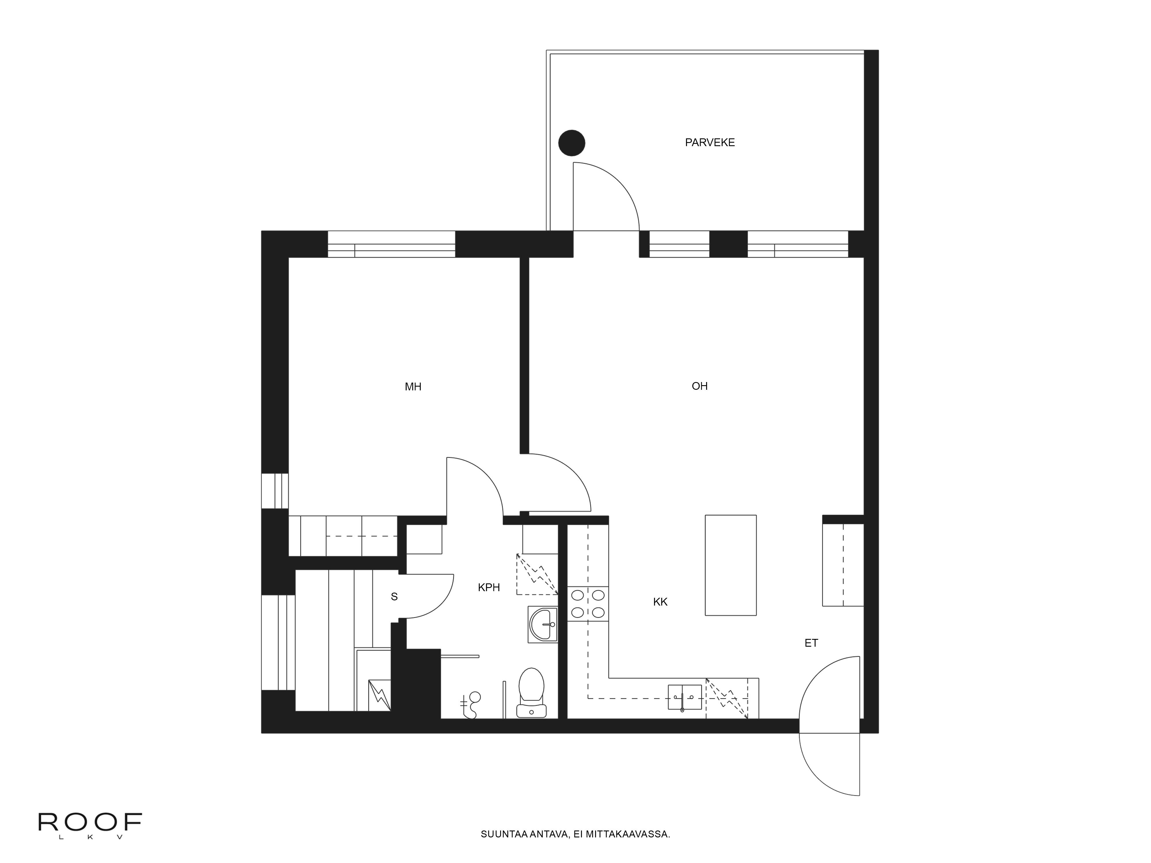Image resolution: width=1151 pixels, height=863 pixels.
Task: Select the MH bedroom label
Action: pyautogui.click(x=413, y=387)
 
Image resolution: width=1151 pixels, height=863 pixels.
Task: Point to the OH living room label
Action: pyautogui.click(x=699, y=386)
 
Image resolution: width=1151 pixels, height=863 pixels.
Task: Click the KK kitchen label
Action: pyautogui.click(x=660, y=602)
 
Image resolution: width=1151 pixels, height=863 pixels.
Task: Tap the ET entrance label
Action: pyautogui.click(x=811, y=643)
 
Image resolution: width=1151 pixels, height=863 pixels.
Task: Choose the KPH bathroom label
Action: pyautogui.click(x=489, y=587)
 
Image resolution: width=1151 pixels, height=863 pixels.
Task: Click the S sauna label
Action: pyautogui.click(x=394, y=597)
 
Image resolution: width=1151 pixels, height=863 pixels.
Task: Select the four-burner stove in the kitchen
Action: pyautogui.click(x=588, y=604)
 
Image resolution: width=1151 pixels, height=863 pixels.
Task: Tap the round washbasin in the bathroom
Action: pyautogui.click(x=543, y=624)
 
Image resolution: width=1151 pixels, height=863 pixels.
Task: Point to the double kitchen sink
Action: pyautogui.click(x=684, y=697)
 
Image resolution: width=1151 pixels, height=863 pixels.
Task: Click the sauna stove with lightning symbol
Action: pyautogui.click(x=379, y=695)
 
